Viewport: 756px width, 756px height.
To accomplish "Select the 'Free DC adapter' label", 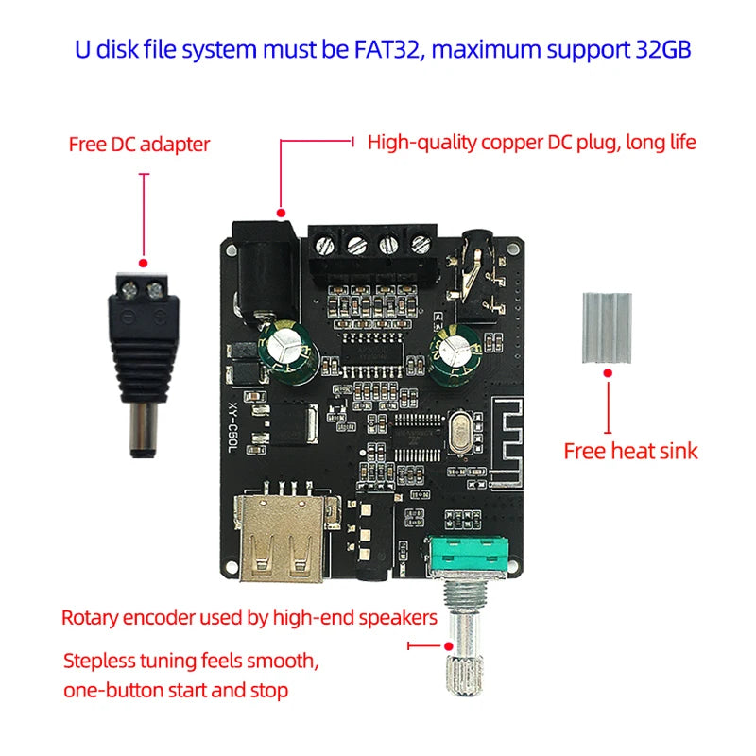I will pos(139,145).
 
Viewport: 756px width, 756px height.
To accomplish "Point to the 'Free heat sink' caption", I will pos(630,451).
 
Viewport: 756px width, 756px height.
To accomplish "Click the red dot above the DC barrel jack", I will pos(280,211).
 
